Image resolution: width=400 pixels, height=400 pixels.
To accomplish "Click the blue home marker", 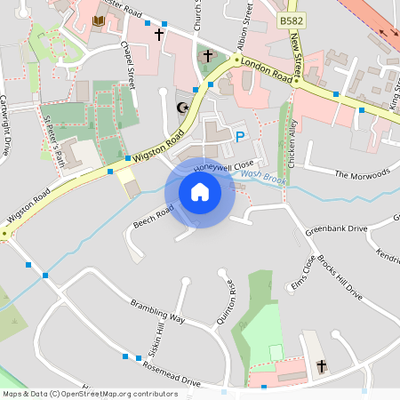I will [x=200, y=191].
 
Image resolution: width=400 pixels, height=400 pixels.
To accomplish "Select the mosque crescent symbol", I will [x=184, y=108].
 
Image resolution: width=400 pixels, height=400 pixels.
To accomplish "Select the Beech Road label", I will [x=153, y=213].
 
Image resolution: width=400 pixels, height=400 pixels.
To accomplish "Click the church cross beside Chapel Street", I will [x=159, y=35].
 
